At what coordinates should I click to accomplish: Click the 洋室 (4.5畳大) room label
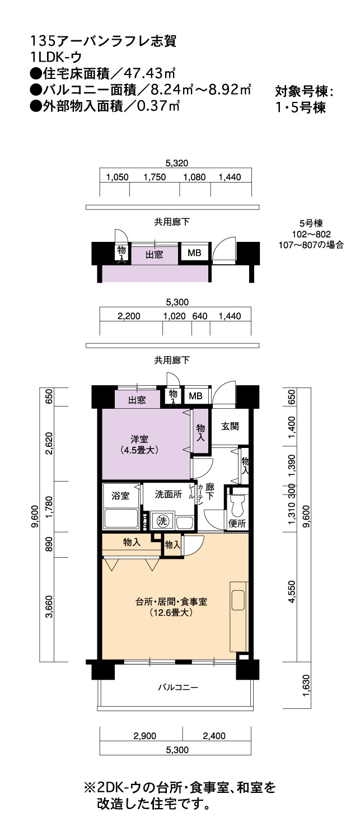tap(139, 445)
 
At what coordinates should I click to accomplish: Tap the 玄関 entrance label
tap(230, 426)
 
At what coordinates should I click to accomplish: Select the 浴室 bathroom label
tap(120, 496)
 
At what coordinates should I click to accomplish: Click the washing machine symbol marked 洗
tap(162, 520)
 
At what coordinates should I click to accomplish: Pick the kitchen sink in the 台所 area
tap(238, 600)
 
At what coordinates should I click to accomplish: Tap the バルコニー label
tap(177, 687)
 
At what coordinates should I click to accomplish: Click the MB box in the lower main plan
tap(195, 396)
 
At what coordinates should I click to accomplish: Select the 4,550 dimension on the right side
tap(292, 591)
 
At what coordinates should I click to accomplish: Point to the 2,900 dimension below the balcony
tap(145, 736)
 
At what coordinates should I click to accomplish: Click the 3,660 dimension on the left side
tap(49, 606)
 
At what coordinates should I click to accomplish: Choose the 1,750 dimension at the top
tap(155, 177)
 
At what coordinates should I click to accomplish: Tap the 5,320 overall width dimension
tap(177, 163)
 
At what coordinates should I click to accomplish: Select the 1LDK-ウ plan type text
tap(56, 57)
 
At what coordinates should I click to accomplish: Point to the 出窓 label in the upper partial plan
tap(154, 255)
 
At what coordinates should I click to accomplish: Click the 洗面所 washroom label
tap(169, 494)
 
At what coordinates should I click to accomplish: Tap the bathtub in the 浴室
tap(120, 519)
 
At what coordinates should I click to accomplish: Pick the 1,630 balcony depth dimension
tap(306, 685)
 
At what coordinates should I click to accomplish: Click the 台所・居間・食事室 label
tap(171, 601)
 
